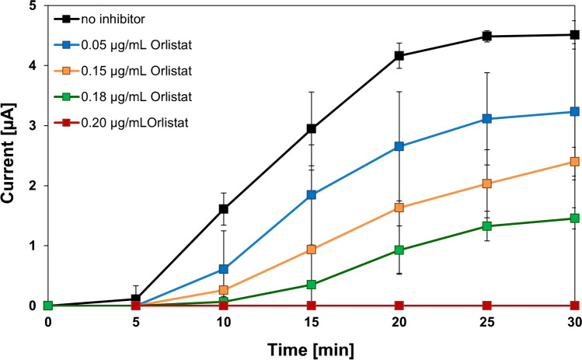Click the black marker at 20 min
(399, 55)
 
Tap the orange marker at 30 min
(575, 162)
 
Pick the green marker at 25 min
(487, 226)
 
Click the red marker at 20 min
(399, 306)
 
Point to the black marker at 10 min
(224, 208)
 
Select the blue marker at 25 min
(487, 119)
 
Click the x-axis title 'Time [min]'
(312, 348)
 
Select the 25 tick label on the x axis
(487, 322)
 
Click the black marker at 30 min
(575, 34)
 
